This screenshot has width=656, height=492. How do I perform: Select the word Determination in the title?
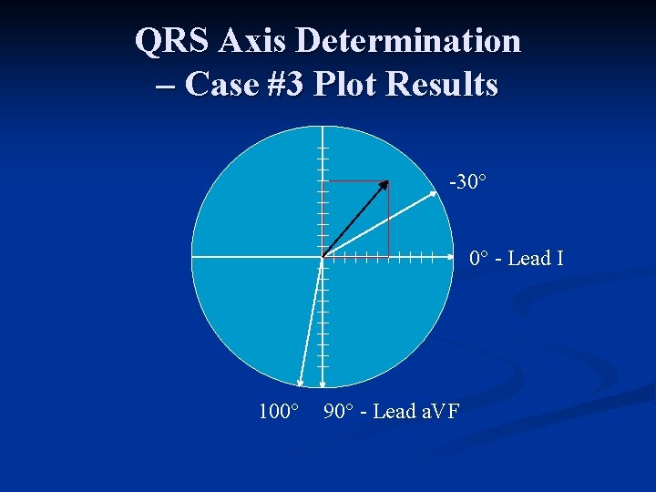(409, 41)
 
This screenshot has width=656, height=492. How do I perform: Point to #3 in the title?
(289, 84)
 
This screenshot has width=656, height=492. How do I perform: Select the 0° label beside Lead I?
(480, 259)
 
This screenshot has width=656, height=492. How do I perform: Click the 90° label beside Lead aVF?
(338, 412)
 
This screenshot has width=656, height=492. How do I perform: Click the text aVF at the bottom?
(438, 412)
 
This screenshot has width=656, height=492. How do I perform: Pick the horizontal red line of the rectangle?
(355, 181)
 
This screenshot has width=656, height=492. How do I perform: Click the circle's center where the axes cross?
(323, 257)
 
